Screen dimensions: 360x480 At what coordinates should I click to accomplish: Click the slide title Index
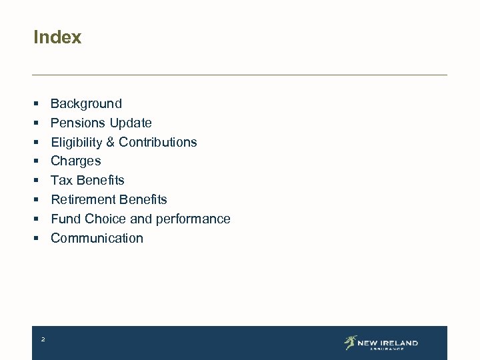tap(57, 37)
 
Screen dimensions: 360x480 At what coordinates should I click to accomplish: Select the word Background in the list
tap(86, 104)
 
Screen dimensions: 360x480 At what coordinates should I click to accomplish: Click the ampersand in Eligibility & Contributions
tap(110, 143)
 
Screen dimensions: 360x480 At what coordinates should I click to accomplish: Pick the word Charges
tap(76, 161)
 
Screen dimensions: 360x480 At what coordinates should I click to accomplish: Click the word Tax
tap(62, 181)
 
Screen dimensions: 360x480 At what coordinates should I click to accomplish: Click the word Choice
tap(101, 219)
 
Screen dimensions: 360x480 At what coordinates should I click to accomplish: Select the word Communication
tap(97, 239)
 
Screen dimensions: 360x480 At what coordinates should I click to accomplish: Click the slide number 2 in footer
tap(43, 340)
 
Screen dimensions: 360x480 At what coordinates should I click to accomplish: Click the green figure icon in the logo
tap(350, 343)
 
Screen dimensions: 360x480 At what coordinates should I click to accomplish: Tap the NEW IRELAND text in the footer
tap(387, 343)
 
